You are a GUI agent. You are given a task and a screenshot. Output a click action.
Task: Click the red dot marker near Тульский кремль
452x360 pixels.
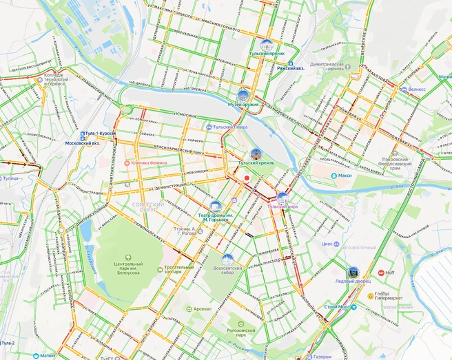tap(246, 179)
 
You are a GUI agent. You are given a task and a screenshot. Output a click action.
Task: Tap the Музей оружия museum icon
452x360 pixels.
tap(243, 95)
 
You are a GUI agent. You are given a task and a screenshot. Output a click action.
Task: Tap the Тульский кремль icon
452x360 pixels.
tap(256, 153)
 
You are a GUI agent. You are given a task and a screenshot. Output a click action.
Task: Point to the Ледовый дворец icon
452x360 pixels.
tap(353, 273)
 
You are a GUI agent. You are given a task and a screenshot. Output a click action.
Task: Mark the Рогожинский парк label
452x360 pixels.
tap(246, 334)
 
